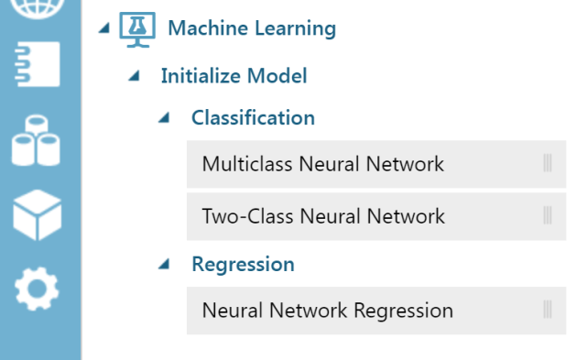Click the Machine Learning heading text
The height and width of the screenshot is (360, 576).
[x=251, y=28]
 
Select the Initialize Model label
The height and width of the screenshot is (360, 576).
[x=234, y=76]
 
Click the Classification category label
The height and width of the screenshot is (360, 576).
[x=253, y=118]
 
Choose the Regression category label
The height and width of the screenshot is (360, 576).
[x=243, y=265]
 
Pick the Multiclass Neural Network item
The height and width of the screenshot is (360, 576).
[x=322, y=165]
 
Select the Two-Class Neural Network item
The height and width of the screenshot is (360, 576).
[x=323, y=217]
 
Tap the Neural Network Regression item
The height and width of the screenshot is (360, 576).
[x=327, y=311]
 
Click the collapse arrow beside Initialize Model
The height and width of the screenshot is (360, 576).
[x=136, y=77]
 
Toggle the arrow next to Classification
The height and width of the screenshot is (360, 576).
[x=165, y=119]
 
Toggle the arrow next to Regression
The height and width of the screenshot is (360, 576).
[x=165, y=265]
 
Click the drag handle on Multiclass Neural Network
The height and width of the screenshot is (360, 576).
[x=548, y=165]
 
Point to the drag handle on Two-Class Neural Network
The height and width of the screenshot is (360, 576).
[x=548, y=217]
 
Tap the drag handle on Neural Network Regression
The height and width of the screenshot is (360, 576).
[x=548, y=311]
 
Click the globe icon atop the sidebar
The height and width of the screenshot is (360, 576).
[x=39, y=7]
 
